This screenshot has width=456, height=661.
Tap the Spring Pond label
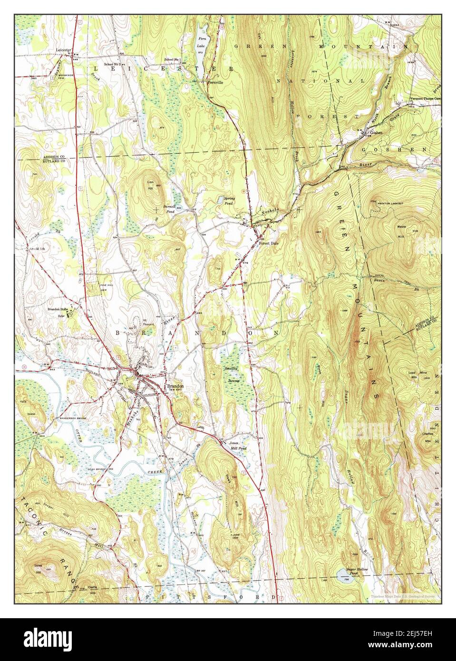click(230, 200)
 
